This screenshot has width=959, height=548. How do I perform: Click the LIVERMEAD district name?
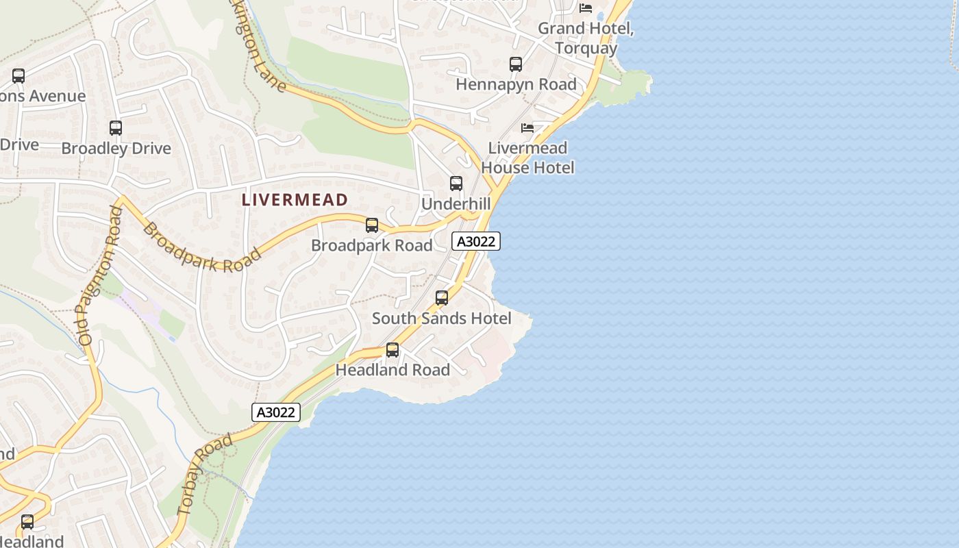295,200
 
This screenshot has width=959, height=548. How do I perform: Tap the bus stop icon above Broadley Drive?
116,128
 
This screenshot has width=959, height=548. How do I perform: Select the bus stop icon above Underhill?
456,184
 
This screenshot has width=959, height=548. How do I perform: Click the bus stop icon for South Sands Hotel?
442,298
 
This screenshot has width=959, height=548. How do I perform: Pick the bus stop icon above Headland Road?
393,350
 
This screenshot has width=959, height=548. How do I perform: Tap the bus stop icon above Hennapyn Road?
516,64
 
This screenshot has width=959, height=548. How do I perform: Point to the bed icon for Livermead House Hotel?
527,128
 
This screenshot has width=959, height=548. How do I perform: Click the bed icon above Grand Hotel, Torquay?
586,8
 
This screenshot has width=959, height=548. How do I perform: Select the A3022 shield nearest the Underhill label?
476,241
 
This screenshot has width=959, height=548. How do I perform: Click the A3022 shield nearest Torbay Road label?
276,412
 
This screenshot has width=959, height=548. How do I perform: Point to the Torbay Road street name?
204,475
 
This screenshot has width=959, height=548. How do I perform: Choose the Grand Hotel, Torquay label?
586,38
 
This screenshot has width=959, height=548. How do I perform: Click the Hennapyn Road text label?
516,84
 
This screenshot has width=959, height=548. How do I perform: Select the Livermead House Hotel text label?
527,158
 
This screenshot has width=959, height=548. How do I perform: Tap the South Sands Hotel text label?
442,319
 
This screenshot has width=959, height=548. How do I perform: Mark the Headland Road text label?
393,370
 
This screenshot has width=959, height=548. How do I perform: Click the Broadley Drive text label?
116,149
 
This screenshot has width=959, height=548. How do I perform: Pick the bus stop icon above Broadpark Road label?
372,225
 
